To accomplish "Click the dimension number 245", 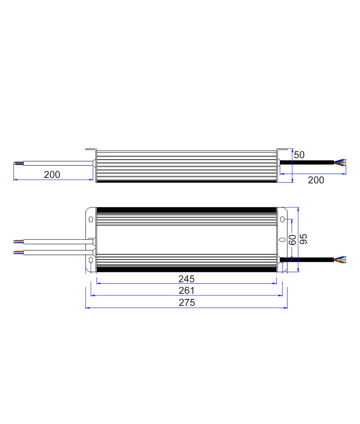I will click(186, 279).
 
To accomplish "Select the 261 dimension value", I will click(186, 291).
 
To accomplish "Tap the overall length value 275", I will click(187, 303).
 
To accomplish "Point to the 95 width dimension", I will click(303, 239).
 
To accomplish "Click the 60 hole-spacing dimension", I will click(292, 240).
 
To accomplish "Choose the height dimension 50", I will click(299, 155).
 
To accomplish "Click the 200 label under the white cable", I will click(52, 174).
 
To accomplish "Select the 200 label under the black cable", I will click(316, 180).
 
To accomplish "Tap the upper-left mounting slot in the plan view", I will click(91, 219).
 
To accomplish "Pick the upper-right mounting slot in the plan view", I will click(282, 219).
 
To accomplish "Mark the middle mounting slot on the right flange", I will click(282, 240).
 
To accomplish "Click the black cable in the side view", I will click(307, 162).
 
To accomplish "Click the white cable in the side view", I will click(57, 163).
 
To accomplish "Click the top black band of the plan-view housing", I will click(186, 210).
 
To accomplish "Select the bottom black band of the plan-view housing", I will click(186, 269).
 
